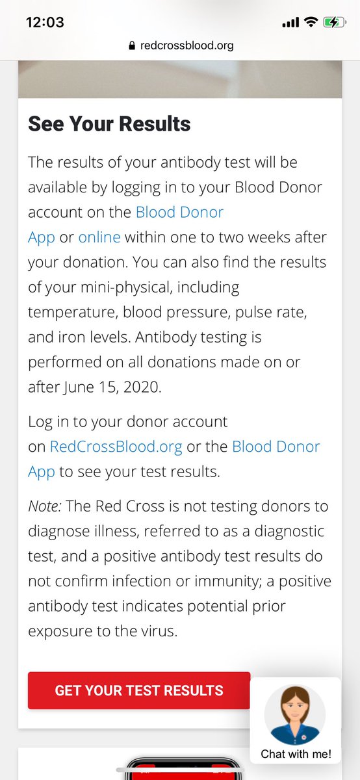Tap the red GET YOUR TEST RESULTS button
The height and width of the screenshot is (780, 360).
tap(138, 690)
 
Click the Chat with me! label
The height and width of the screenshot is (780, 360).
tap(296, 754)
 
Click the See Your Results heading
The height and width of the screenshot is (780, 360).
tap(109, 123)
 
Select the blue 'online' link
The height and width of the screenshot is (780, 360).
tap(99, 237)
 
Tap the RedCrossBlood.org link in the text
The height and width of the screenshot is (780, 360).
tap(116, 447)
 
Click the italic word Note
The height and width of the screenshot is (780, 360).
tap(43, 506)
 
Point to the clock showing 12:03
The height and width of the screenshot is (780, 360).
tap(45, 22)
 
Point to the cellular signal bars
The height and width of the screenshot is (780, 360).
tap(290, 22)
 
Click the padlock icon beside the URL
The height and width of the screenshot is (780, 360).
tap(132, 45)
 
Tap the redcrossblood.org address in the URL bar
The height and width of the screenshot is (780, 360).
tap(186, 45)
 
